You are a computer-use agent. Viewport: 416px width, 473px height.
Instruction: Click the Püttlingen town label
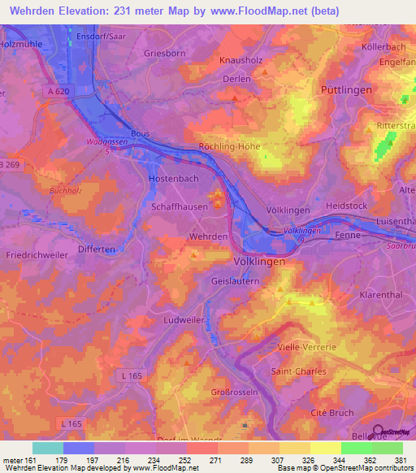tap(346, 89)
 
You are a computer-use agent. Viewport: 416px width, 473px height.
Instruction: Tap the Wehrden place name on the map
tap(208, 236)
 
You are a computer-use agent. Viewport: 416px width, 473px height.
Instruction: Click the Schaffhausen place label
tap(180, 206)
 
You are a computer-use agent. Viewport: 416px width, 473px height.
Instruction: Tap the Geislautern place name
tap(235, 281)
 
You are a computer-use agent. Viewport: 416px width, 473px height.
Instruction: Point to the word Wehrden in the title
tap(39, 11)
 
